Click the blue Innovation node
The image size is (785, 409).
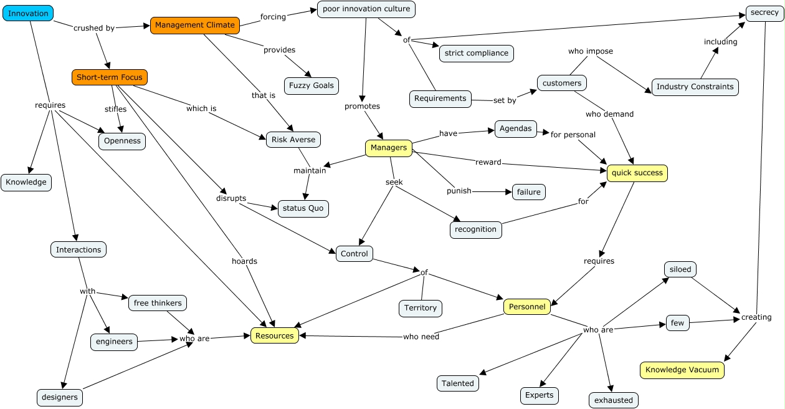pyautogui.click(x=28, y=13)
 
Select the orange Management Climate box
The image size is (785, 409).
pyautogui.click(x=195, y=25)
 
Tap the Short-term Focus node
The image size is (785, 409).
pyautogui.click(x=110, y=77)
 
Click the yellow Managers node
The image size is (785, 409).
pyautogui.click(x=388, y=148)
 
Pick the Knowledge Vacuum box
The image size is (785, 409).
pyautogui.click(x=682, y=370)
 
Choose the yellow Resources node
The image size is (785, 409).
pyautogui.click(x=275, y=335)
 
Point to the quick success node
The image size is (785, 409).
pyautogui.click(x=637, y=173)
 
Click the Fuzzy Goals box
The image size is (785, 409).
pyautogui.click(x=312, y=85)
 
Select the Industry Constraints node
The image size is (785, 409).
pyautogui.click(x=695, y=87)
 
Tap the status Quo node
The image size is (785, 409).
pyautogui.click(x=303, y=208)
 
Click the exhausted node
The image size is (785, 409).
pyautogui.click(x=613, y=400)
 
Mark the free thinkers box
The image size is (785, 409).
pyautogui.click(x=158, y=303)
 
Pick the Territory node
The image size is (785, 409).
pyautogui.click(x=421, y=308)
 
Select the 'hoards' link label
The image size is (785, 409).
pyautogui.click(x=244, y=261)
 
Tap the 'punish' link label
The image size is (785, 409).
pyautogui.click(x=459, y=191)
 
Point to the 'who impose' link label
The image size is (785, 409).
pyautogui.click(x=590, y=51)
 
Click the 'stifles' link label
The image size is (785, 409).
pyautogui.click(x=115, y=109)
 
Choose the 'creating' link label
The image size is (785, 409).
pyautogui.click(x=756, y=317)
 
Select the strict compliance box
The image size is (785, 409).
pyautogui.click(x=477, y=53)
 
